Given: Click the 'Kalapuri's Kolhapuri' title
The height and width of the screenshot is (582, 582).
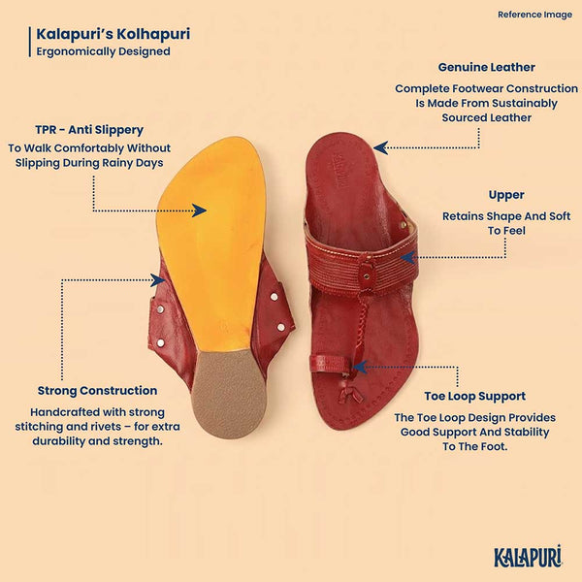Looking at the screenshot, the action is click(113, 34).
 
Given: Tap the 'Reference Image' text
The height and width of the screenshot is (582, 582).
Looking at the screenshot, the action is click(534, 15).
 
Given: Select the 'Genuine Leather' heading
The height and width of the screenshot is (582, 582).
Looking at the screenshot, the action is click(486, 67).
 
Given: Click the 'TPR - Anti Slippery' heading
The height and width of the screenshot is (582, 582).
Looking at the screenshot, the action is click(89, 130).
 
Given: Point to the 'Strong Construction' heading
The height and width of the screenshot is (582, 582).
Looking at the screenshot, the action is click(97, 391).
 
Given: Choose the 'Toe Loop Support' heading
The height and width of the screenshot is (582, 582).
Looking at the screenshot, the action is click(474, 396).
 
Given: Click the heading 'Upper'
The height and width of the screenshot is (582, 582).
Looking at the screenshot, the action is click(506, 195).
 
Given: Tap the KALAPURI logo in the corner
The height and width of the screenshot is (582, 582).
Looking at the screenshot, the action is click(528, 556).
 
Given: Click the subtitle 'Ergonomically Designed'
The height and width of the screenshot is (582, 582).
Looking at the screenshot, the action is click(103, 51).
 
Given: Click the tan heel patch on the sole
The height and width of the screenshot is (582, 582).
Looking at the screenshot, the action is click(230, 394).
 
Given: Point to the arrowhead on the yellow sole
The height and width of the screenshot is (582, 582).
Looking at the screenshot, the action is click(199, 210).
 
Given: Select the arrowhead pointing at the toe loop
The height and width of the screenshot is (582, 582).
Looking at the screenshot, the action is click(360, 368).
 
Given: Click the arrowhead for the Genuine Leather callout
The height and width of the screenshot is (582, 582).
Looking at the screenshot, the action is click(381, 147).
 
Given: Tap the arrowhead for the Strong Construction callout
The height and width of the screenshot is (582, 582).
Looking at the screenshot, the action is click(158, 280).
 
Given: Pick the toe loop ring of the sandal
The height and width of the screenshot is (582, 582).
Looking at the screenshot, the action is click(332, 364).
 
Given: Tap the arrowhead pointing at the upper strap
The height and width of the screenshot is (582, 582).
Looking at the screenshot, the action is click(407, 257).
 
